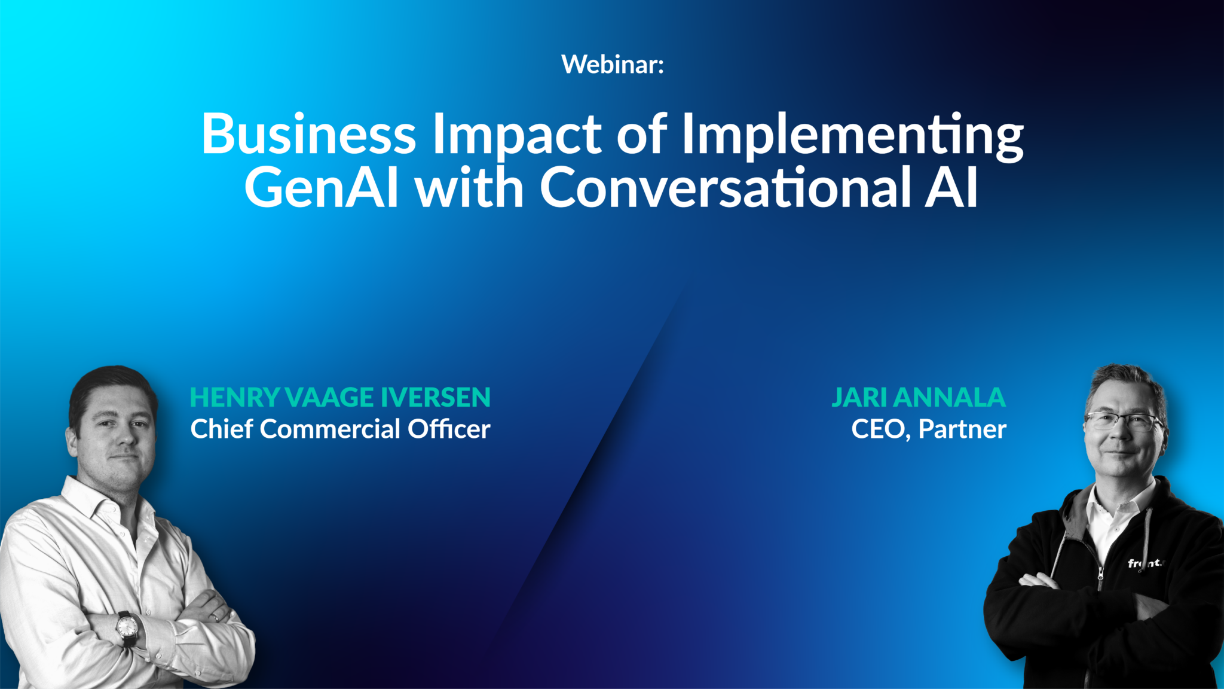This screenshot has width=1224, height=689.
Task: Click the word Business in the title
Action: pos(308,133)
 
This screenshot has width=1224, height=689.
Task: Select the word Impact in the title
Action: pos(516,135)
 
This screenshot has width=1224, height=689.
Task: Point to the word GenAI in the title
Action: pos(322,187)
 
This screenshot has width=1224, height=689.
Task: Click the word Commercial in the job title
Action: pos(330,429)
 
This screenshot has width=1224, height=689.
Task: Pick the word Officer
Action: pos(449,429)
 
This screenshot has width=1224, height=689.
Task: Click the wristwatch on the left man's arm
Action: pos(127,627)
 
